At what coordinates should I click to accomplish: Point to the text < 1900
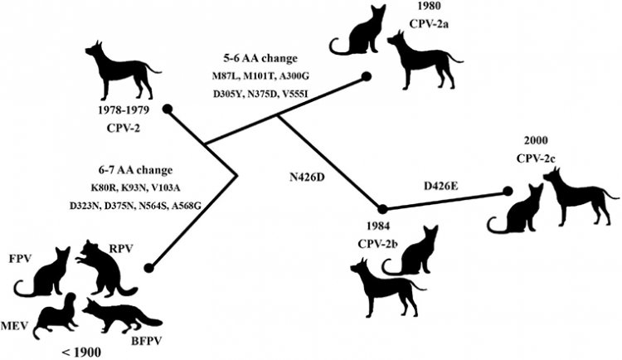(x=80, y=352)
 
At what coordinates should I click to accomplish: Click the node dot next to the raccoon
(x=148, y=267)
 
